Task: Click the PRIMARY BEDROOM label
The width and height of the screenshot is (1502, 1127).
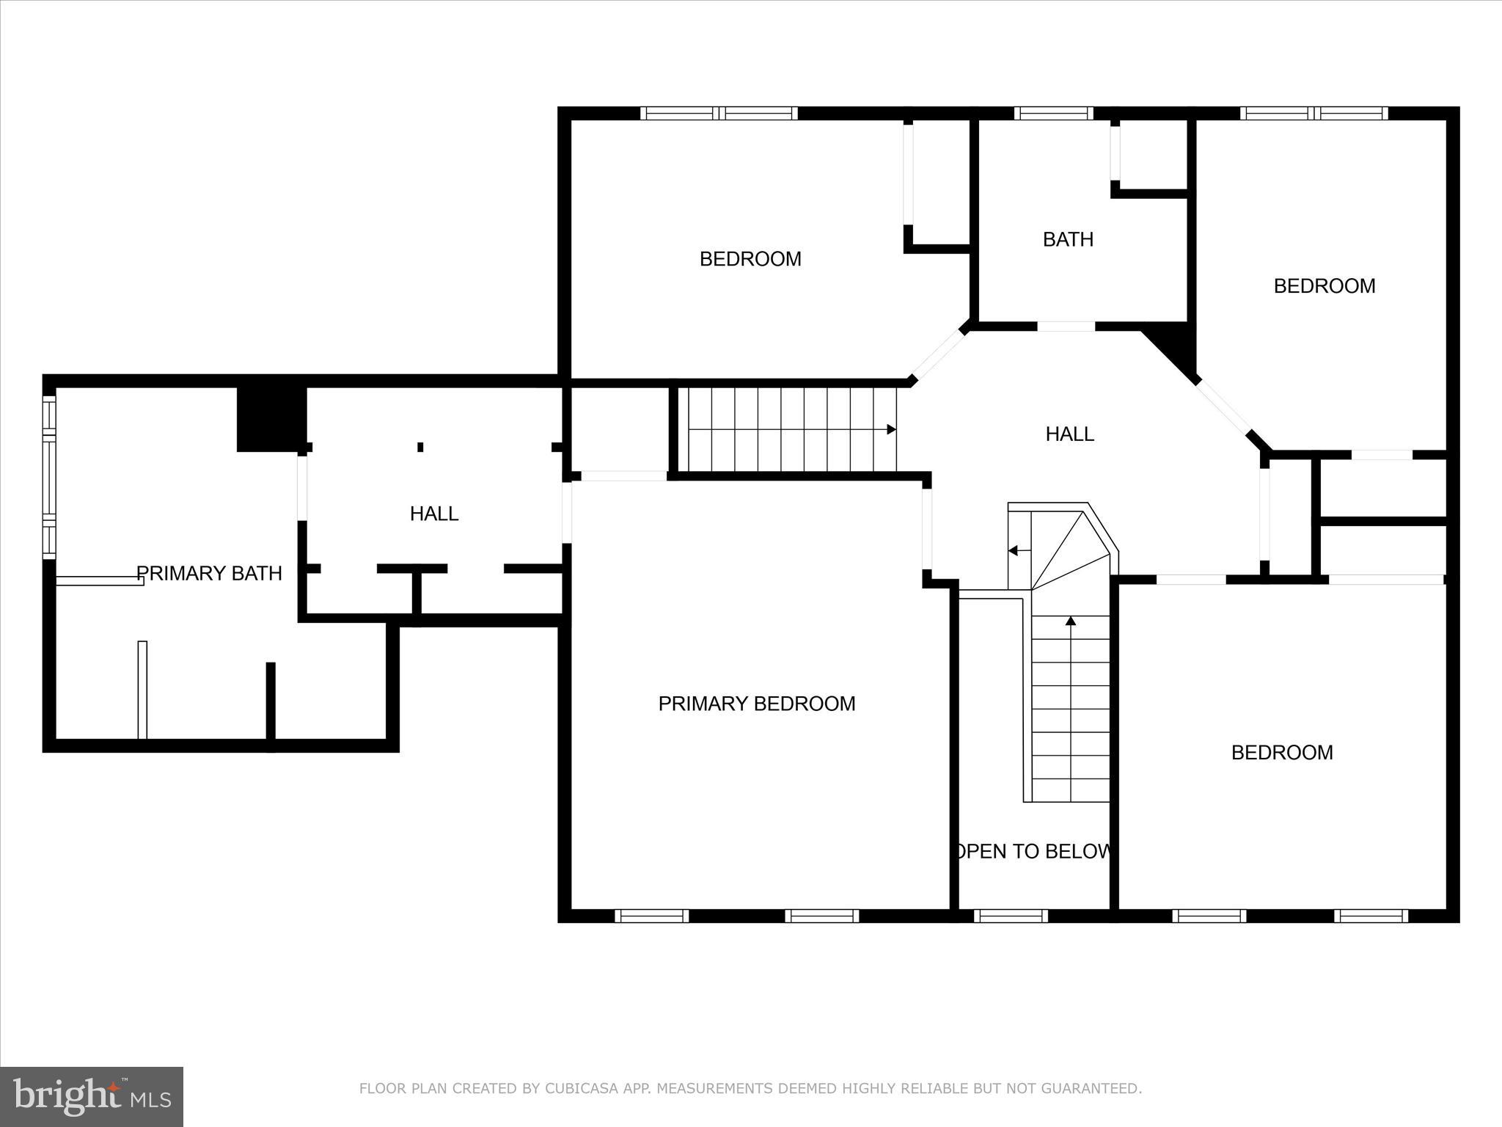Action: coord(756,704)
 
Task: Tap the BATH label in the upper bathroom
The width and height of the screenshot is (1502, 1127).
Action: coord(1068,239)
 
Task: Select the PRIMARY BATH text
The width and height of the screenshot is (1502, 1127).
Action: coord(209,573)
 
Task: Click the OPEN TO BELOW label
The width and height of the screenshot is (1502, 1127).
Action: coord(1032,851)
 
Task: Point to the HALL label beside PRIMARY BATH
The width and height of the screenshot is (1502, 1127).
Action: coord(434,514)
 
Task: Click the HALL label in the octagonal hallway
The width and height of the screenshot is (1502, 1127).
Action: coord(1069,434)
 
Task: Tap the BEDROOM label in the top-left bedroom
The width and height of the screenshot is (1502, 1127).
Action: coord(750,259)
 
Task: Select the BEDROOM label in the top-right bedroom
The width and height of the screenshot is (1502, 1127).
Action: coord(1324,286)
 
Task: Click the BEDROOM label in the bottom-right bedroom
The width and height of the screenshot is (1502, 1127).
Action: coord(1281,752)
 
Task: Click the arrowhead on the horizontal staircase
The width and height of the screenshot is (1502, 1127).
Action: coord(891,429)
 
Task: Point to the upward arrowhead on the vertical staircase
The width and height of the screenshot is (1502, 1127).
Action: coord(1070,621)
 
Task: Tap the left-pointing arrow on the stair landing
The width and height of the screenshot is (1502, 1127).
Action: coord(1014,550)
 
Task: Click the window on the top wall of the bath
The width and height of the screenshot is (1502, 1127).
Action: coord(1053,113)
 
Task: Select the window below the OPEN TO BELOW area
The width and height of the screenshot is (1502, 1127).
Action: coord(1011,915)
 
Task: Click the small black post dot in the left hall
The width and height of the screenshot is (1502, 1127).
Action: coord(420,447)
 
